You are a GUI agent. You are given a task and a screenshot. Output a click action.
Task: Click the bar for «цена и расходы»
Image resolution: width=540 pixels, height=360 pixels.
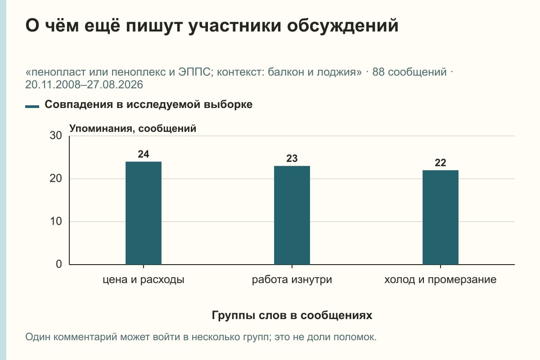144,213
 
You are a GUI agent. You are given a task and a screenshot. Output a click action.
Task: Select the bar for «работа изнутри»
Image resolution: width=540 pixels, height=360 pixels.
292,215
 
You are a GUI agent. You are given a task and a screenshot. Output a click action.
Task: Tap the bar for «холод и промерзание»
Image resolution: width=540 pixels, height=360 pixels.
441,217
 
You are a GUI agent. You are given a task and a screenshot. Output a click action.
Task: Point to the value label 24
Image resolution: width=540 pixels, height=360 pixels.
144,154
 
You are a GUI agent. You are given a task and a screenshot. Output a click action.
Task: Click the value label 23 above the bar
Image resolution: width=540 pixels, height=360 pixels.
292,158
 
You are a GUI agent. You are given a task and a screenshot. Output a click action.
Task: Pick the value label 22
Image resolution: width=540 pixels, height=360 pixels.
441,163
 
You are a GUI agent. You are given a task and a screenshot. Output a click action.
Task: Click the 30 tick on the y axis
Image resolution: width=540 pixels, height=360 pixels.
56,135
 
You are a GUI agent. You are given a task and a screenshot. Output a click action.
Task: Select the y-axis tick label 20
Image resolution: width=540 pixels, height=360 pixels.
56,179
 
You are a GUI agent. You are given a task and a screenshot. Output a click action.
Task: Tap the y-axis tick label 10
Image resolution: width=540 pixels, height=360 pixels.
56,221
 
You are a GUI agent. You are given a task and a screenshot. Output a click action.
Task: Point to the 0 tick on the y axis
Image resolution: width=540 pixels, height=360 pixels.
59,264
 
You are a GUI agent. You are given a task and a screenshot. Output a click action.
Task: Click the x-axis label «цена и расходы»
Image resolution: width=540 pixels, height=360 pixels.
144,280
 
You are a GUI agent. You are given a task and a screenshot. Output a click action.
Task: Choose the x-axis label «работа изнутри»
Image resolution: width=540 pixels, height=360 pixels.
292,280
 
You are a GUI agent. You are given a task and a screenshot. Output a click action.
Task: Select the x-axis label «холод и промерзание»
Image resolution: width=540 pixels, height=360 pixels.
441,280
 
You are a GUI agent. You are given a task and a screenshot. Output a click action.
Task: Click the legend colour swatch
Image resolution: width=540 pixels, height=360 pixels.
32,106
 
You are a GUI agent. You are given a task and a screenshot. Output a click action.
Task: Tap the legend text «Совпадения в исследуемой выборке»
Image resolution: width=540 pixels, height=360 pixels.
148,104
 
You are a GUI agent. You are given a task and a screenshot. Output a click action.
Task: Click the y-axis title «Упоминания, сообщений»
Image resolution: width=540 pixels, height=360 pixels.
133,129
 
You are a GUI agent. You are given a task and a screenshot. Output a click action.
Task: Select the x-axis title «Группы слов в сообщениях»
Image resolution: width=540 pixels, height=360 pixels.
292,315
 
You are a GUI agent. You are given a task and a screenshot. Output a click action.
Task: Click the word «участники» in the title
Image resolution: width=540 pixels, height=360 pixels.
235,26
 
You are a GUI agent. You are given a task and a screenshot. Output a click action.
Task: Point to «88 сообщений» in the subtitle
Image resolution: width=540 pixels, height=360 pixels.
409,72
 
